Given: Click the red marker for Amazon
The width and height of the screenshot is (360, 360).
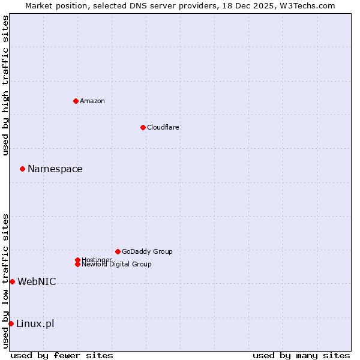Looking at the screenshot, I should point(76,101).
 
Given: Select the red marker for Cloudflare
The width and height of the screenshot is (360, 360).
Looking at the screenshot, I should point(143,127).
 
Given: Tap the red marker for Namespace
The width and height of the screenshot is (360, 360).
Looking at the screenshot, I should point(22,169).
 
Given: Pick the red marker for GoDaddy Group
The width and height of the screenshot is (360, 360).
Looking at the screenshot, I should point(118,251).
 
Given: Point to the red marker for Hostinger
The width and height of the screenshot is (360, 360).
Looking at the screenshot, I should point(77,260).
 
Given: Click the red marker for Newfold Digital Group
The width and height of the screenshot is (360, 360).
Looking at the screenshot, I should point(77,264).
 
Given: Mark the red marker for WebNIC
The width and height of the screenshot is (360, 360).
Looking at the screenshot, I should point(12,281).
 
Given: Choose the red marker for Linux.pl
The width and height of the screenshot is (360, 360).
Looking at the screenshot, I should point(11,324).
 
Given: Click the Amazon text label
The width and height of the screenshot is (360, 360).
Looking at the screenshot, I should point(92,101).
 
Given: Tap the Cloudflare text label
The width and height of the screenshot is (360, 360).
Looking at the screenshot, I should point(163,127).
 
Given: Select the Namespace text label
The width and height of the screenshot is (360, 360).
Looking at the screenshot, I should point(55,169).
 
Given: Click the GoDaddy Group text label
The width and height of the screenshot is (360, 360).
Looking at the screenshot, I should point(147,251).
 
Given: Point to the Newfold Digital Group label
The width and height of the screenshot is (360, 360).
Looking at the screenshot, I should point(116,264).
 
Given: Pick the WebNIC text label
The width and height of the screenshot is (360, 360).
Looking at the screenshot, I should point(37,281).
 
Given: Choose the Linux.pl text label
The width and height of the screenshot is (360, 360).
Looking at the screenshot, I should point(35,324).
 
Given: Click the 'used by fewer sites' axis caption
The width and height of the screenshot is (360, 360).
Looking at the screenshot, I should point(62,355).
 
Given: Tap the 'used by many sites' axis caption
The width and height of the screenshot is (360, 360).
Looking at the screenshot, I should point(301,355).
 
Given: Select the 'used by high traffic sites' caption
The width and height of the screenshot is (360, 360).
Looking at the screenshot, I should point(5,85).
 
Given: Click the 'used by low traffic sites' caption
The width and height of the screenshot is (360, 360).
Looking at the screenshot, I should point(5,281).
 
